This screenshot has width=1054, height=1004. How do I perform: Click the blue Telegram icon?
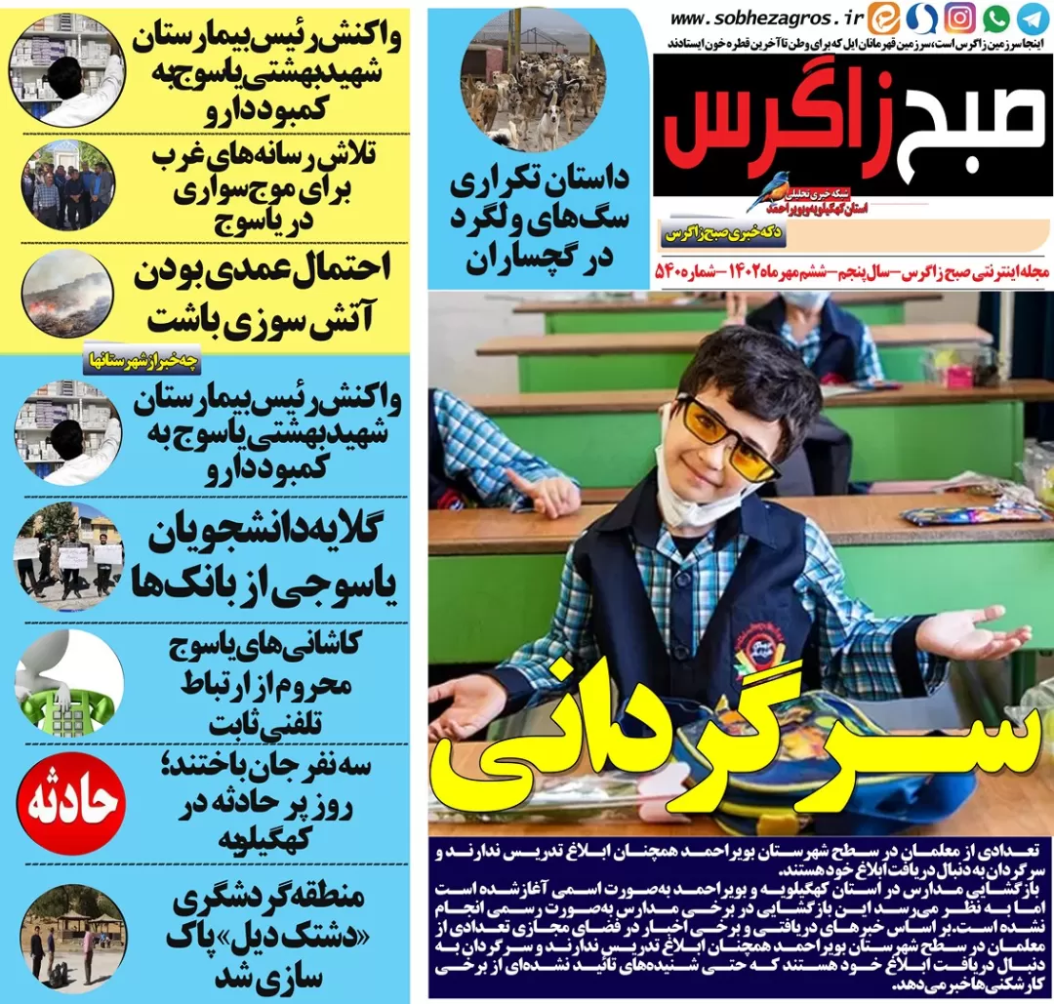[x=1033, y=18]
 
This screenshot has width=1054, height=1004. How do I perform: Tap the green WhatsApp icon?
[x=996, y=18]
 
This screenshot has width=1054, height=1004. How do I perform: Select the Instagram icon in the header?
[x=960, y=18]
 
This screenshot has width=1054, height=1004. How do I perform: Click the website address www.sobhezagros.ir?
[x=768, y=19]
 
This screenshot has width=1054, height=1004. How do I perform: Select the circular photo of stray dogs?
[x=533, y=80]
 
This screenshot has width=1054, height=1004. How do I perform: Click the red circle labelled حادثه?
[x=71, y=803]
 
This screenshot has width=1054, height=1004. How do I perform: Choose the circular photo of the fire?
[x=67, y=295]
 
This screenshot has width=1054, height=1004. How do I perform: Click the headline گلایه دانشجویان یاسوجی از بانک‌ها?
[x=263, y=561]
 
